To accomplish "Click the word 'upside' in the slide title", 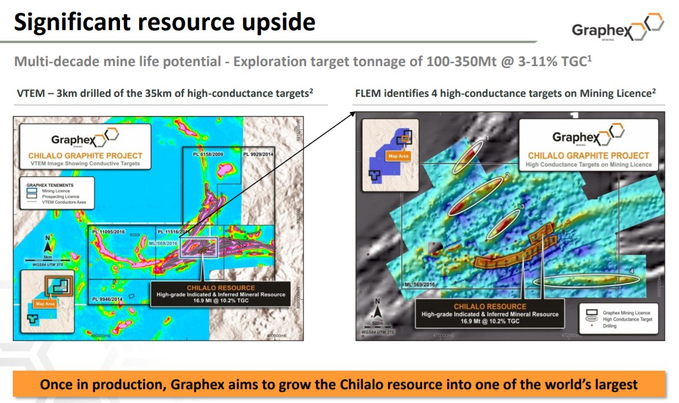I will [x=273, y=23].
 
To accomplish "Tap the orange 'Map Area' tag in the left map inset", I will [x=48, y=303].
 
